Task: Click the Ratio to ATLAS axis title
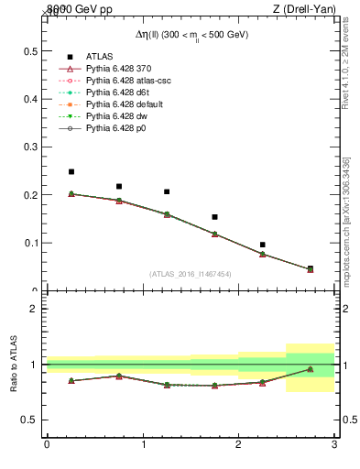14,365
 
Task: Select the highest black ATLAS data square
71,171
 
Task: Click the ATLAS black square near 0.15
214,217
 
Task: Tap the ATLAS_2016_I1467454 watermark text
191,274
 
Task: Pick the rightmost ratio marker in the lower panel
310,369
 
